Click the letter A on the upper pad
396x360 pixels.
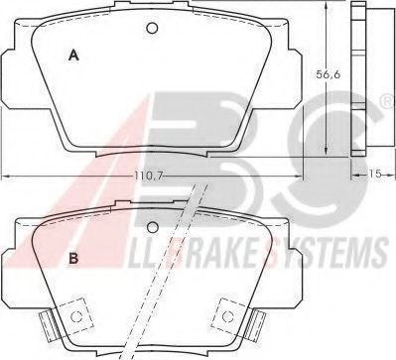tap(73, 56)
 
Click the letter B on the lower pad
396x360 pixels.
tap(73, 258)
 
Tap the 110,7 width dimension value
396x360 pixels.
tap(148, 177)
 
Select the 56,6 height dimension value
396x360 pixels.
tap(329, 74)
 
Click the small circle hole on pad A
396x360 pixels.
tap(152, 28)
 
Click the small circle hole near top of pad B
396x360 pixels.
tap(152, 227)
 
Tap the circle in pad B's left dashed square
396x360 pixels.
tap(76, 316)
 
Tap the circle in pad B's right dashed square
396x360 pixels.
tap(227, 316)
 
